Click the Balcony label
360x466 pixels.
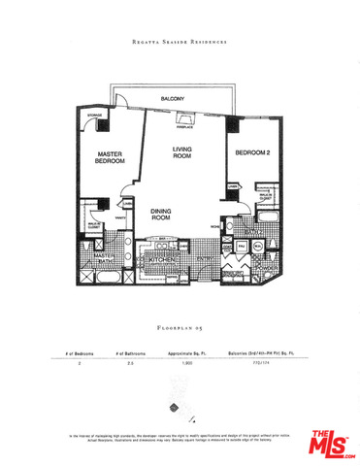click(174, 99)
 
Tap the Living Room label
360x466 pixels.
click(182, 152)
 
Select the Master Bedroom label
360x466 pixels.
click(112, 160)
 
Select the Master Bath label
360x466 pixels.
click(104, 259)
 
